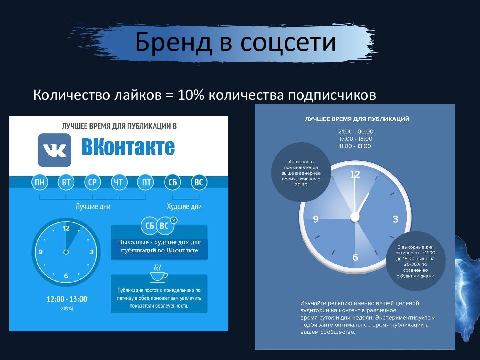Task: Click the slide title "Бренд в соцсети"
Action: coord(235,43)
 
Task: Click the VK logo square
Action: coord(54,150)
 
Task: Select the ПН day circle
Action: coord(40,183)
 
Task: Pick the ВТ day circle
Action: coord(66,183)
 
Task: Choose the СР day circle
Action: coord(92,183)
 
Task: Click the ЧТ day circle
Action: coord(118,183)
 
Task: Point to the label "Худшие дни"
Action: coord(185,206)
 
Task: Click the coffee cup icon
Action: coord(158,276)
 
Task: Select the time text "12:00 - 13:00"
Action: coord(66,299)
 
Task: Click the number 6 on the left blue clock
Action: coord(66,276)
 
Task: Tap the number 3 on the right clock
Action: coord(395,219)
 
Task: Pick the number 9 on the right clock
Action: coord(315,219)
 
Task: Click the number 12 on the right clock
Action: coord(355,174)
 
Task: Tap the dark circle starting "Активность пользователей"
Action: coord(300,173)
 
